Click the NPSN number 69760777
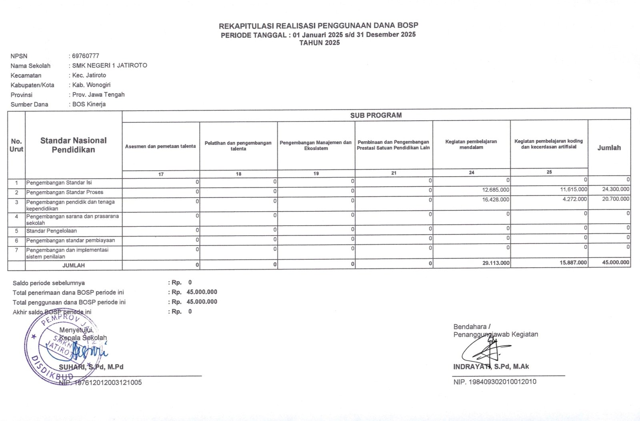pos(86,56)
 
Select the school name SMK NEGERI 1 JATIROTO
pos(110,66)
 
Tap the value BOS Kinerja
pos(89,104)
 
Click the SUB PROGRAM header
pos(376,115)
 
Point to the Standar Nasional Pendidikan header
pos(73,145)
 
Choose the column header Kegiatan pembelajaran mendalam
pos(471,144)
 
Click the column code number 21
pos(394,173)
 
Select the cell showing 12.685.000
pos(496,190)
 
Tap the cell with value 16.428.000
pos(496,199)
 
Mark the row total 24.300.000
pos(615,189)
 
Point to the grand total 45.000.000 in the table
pos(615,262)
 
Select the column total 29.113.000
pos(496,263)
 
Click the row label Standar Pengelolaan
pos(52,231)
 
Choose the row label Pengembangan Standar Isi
pos(59,183)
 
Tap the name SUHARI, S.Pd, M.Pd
pos(91,367)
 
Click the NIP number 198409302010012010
pos(495,382)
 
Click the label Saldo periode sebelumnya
pos(49,283)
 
